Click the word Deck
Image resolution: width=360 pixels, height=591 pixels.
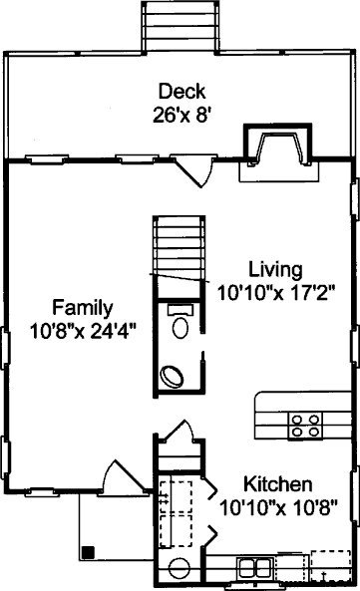tap(181, 92)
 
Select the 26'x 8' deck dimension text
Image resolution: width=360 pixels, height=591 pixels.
tap(180, 115)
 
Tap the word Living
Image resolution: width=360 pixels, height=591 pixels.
tap(275, 270)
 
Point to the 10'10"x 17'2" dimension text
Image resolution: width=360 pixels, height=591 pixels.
tap(276, 293)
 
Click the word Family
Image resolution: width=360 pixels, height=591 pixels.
tap(82, 309)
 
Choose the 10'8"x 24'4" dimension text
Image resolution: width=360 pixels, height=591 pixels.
tap(82, 331)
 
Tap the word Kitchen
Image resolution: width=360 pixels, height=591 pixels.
tap(278, 484)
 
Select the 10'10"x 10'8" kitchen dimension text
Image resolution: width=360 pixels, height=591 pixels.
tap(278, 507)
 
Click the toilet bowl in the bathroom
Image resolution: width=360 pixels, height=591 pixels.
tap(180, 327)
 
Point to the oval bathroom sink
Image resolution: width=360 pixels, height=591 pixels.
tap(172, 376)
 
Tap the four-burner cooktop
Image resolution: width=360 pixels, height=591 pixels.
tap(305, 426)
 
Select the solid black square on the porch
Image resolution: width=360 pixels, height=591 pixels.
tap(88, 552)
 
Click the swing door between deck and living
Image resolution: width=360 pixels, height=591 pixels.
tap(193, 171)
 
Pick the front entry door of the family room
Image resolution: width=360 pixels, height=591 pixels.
tap(125, 475)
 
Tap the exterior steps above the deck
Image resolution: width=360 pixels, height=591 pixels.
tap(180, 27)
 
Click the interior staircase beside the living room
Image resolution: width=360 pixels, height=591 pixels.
tap(179, 257)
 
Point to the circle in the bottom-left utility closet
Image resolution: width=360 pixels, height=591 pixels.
tap(180, 569)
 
